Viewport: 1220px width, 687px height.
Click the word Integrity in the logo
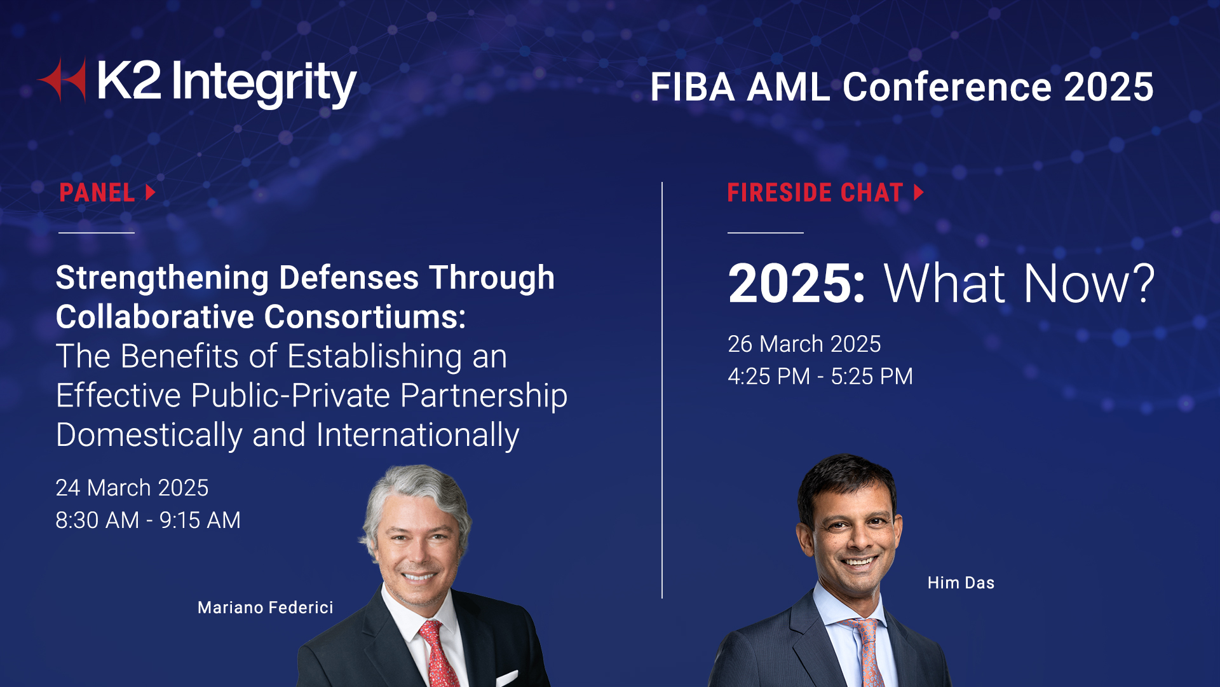coord(263,83)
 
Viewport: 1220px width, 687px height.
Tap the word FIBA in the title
coord(692,87)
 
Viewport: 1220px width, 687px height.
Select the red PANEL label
coord(97,193)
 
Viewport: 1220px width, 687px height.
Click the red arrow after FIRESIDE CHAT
coord(918,193)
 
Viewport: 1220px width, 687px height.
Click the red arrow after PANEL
coord(151,193)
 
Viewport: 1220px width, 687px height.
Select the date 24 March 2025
coord(132,488)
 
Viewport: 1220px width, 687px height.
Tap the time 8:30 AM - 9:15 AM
coord(148,520)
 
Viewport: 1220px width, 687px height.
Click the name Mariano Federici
coord(265,607)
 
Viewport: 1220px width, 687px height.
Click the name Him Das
coord(960,583)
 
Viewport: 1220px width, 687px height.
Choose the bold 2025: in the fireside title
coord(796,284)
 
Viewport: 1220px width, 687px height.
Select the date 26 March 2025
coord(804,344)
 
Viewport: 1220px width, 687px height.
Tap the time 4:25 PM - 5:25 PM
coord(820,377)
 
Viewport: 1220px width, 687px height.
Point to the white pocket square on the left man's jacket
coord(506,678)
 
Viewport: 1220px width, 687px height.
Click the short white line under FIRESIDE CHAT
coord(765,233)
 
